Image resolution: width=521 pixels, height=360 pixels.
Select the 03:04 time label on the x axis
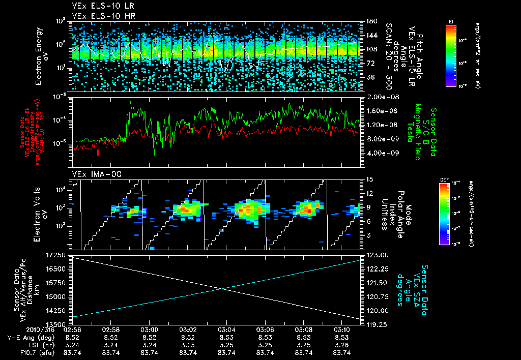click(226, 329)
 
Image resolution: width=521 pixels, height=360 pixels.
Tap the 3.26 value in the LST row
click(341, 345)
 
